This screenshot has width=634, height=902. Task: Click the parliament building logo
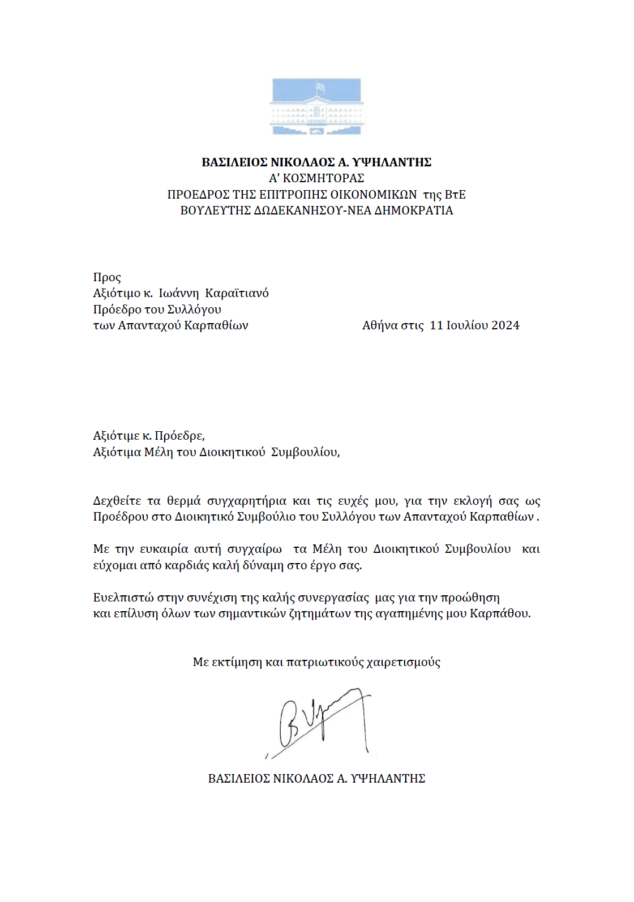(x=316, y=106)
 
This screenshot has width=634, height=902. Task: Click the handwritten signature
(x=320, y=722)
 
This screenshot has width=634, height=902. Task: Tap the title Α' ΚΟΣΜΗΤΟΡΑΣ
(x=316, y=178)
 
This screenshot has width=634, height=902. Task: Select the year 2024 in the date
(x=505, y=325)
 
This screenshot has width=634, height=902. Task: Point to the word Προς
(x=107, y=277)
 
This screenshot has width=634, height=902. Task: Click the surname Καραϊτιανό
(x=237, y=293)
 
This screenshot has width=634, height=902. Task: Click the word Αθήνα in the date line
(x=380, y=325)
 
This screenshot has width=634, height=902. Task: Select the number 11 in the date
(x=436, y=325)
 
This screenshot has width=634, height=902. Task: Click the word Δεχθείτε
(x=117, y=501)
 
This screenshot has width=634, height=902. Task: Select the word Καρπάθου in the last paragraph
(x=500, y=613)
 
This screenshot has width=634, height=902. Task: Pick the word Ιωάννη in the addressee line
(x=179, y=293)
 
